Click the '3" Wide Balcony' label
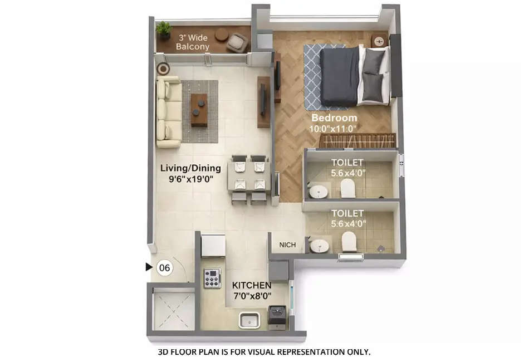point(193,42)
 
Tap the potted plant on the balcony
point(164,30)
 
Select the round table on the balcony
point(221,34)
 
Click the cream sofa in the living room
point(169,111)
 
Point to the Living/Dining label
point(190,168)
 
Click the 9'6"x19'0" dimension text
point(190,179)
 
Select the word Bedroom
point(334,118)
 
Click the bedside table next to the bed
point(379,41)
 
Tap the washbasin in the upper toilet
point(319,191)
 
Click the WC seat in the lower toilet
point(349,241)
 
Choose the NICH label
point(287,244)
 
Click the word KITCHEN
point(252,285)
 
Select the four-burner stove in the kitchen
point(212,278)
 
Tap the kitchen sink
point(249,320)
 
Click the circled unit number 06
point(165,268)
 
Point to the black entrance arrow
point(149,267)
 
